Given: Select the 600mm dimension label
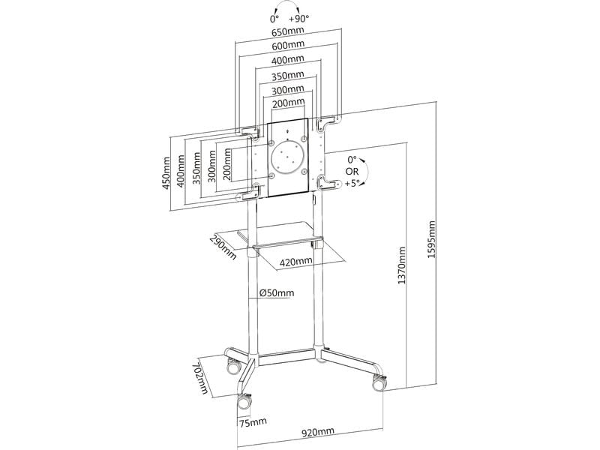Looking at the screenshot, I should click(x=288, y=47).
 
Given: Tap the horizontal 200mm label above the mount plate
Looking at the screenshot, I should click(x=288, y=102).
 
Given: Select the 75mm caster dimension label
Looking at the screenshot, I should click(x=252, y=422).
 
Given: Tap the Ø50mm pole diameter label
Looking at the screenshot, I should click(x=277, y=293).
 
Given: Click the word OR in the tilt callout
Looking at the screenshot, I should click(x=352, y=171).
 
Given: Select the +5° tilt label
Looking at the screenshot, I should click(x=353, y=182).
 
